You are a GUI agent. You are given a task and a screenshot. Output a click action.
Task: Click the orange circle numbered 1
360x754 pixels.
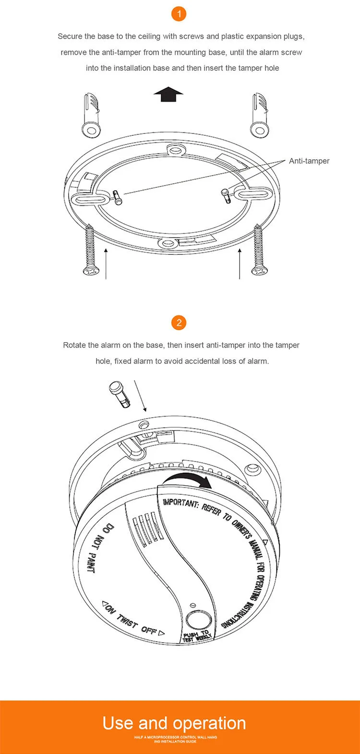click(x=179, y=14)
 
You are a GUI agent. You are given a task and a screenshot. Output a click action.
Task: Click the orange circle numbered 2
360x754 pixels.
click(x=179, y=323)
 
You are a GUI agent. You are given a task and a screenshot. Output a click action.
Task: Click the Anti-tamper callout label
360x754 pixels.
click(x=309, y=161)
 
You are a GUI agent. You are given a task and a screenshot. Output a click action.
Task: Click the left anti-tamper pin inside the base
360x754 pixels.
click(x=118, y=198)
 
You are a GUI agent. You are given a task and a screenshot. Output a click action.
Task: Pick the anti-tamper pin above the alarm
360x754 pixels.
click(x=120, y=395)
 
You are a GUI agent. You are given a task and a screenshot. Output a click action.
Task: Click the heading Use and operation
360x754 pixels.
click(x=174, y=723)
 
